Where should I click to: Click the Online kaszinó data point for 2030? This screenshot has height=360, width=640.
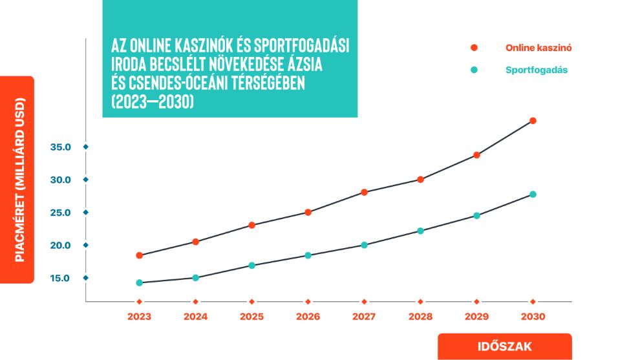click(x=533, y=121)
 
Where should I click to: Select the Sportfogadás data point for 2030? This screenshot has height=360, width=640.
click(x=533, y=195)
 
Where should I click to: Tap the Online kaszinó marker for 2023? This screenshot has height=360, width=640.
click(x=139, y=255)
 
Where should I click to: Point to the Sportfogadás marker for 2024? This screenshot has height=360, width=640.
click(x=195, y=278)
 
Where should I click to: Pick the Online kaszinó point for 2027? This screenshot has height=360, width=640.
click(x=364, y=192)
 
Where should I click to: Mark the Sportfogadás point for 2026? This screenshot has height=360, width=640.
click(x=308, y=255)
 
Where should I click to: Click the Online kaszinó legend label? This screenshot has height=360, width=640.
click(x=539, y=48)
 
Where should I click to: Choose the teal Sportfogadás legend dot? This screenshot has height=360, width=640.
click(x=474, y=70)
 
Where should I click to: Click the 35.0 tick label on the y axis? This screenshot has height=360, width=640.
click(x=60, y=147)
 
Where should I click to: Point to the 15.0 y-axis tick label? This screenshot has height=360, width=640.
click(x=60, y=278)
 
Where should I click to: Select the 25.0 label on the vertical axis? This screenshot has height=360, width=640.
click(x=60, y=212)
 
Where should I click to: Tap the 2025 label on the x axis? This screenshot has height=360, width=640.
click(x=251, y=317)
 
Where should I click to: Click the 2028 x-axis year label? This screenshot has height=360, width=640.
click(x=420, y=317)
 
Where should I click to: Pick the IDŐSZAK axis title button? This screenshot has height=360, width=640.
click(x=504, y=346)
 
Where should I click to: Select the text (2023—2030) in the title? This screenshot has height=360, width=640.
click(x=153, y=101)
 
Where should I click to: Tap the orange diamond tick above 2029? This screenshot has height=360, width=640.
click(x=476, y=302)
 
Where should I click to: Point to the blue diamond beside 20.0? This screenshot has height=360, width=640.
click(x=85, y=245)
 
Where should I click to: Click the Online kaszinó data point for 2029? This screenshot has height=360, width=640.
click(x=476, y=155)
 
